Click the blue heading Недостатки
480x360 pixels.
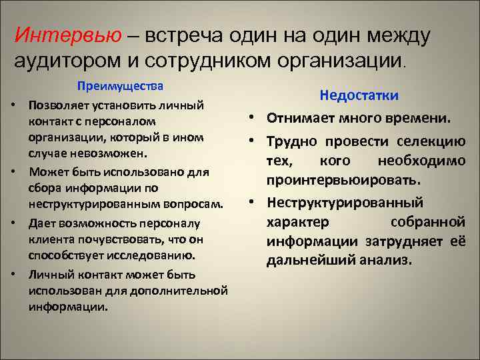359,95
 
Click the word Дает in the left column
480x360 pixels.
41,222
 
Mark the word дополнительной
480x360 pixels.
178,291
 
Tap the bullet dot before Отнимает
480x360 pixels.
255,119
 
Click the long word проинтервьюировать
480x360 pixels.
343,181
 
